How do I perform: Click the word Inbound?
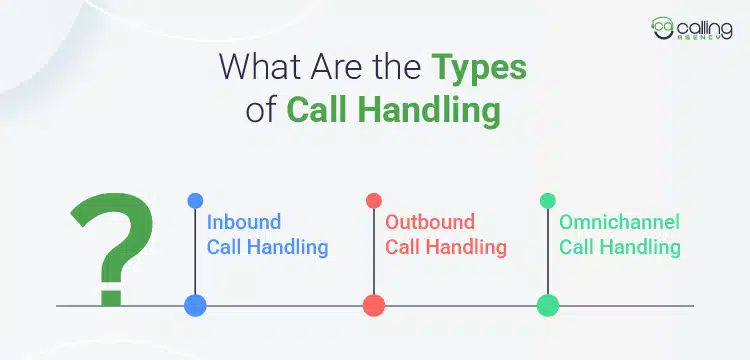(244, 222)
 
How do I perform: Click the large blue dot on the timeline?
(195, 305)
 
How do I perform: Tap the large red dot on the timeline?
(374, 305)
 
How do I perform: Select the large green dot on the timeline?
(547, 305)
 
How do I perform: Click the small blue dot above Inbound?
(195, 200)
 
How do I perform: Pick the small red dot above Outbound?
(374, 200)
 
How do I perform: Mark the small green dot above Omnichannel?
(547, 200)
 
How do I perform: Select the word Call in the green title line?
(317, 109)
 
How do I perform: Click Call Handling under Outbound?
(446, 246)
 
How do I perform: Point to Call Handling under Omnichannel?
(620, 246)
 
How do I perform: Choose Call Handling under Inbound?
(267, 246)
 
